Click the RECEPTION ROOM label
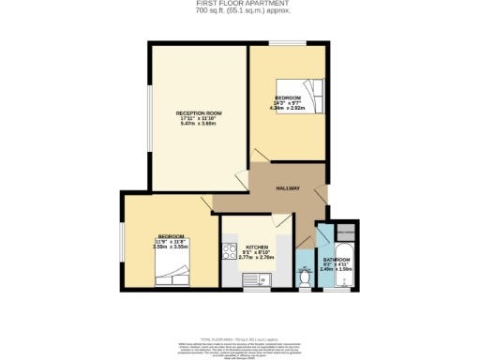pyautogui.click(x=198, y=112)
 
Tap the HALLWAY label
pyautogui.click(x=287, y=188)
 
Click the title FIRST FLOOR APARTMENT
pyautogui.click(x=240, y=3)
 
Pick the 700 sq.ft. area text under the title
pyautogui.click(x=240, y=10)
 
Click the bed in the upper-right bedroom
pyautogui.click(x=310, y=93)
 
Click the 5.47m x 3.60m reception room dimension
pyautogui.click(x=198, y=125)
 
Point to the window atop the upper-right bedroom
pyautogui.click(x=288, y=43)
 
